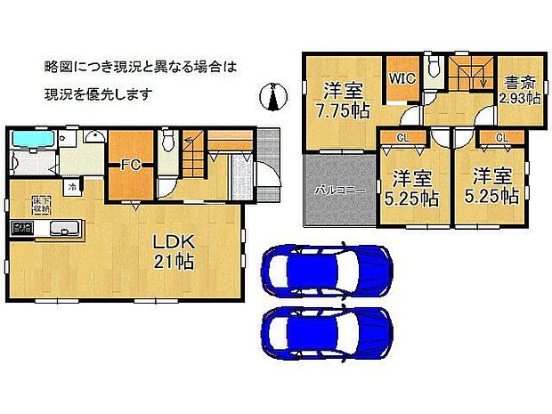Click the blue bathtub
click(33, 140)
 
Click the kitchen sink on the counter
click(63, 229)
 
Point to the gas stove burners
click(21, 229)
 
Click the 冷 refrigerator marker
click(69, 188)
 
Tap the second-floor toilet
click(434, 69)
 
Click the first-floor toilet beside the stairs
click(167, 142)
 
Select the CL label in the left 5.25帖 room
click(403, 137)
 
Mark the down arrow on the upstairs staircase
click(482, 79)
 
